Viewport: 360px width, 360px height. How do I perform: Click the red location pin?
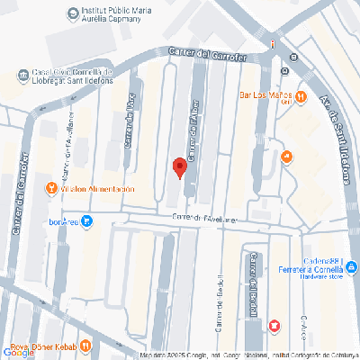tap(179, 167)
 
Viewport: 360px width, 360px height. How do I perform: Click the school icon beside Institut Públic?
tap(71, 13)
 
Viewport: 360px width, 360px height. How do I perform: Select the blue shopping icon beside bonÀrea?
tap(85, 221)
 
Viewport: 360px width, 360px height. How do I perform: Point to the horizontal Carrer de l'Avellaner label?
tap(205, 218)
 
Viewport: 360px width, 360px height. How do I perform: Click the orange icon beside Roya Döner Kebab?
tap(84, 343)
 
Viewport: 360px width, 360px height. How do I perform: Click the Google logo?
tap(18, 353)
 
